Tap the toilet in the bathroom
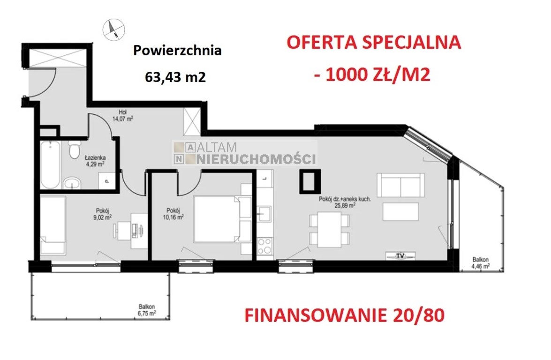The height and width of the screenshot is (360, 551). [74, 150]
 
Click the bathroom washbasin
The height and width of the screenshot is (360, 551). [72, 183]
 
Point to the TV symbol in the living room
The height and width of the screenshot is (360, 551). [400, 255]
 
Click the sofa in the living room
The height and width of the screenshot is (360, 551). [400, 185]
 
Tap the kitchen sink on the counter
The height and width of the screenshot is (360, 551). [264, 214]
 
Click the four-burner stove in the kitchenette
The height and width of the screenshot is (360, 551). [264, 246]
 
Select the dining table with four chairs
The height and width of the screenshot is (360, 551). [329, 230]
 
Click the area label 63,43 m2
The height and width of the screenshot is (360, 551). [175, 76]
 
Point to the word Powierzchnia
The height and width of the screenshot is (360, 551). [177, 51]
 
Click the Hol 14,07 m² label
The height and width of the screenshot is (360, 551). [123, 116]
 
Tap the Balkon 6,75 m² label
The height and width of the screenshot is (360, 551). [146, 310]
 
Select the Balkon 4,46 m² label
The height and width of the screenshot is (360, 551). [480, 262]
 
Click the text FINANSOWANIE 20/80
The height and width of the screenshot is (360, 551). [344, 315]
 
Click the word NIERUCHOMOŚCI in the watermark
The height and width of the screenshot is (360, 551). [256, 159]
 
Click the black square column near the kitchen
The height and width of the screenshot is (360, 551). [310, 181]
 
